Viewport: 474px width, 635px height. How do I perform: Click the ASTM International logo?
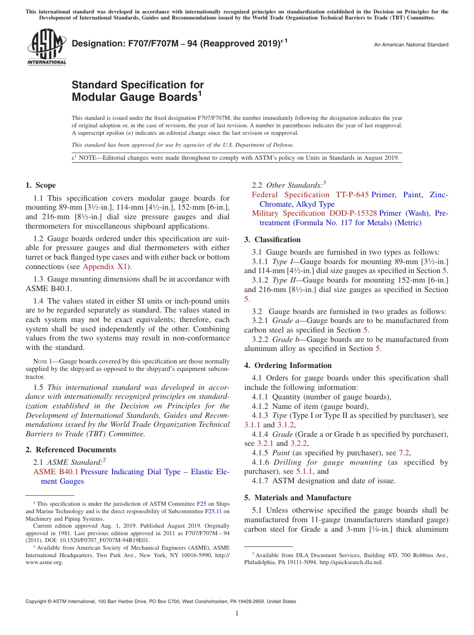(x=46, y=47)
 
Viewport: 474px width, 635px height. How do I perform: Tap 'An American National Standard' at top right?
(x=411, y=45)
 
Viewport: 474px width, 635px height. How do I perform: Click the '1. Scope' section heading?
(x=40, y=185)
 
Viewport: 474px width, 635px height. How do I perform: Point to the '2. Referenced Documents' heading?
(x=70, y=450)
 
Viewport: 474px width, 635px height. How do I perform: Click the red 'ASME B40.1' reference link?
(x=55, y=472)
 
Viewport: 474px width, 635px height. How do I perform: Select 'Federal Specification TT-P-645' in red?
(x=310, y=195)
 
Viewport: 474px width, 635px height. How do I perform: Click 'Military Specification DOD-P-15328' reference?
(x=314, y=213)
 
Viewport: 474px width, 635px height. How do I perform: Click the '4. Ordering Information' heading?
(x=288, y=365)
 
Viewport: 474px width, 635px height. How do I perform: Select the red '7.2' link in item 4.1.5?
(x=404, y=453)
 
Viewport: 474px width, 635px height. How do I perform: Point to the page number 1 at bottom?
(x=237, y=613)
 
